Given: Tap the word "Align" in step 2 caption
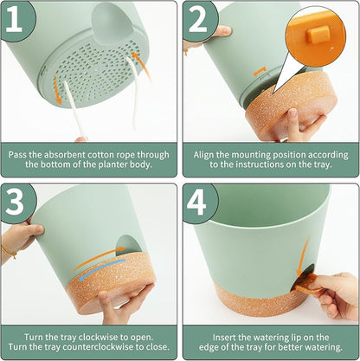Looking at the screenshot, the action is (203, 155).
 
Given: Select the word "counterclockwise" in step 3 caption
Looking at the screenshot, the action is (103, 346).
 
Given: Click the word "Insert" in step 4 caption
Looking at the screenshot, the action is (222, 338).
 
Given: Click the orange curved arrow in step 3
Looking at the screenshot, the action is (98, 257).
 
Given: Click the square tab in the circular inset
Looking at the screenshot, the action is (318, 34).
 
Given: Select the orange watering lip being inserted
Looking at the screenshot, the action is (306, 284).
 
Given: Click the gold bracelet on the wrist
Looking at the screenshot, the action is (9, 252).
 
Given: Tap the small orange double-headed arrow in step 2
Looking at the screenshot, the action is (260, 71).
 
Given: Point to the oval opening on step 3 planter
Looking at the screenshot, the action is (128, 245).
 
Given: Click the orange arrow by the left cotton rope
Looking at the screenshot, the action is (57, 90).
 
